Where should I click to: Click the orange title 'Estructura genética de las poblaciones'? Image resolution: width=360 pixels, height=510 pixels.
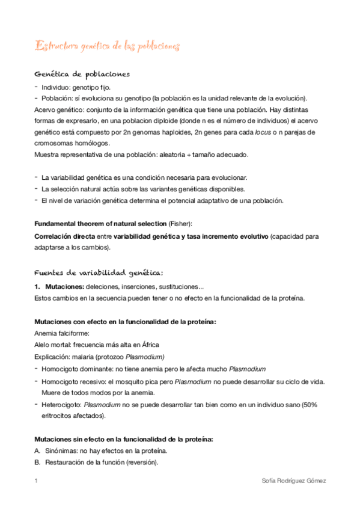point(106,46)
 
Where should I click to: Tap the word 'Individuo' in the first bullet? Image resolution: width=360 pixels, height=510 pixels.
point(55,87)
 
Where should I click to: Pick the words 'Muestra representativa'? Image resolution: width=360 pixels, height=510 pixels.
point(67,155)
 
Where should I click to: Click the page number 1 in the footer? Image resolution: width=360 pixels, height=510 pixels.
point(36,482)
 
